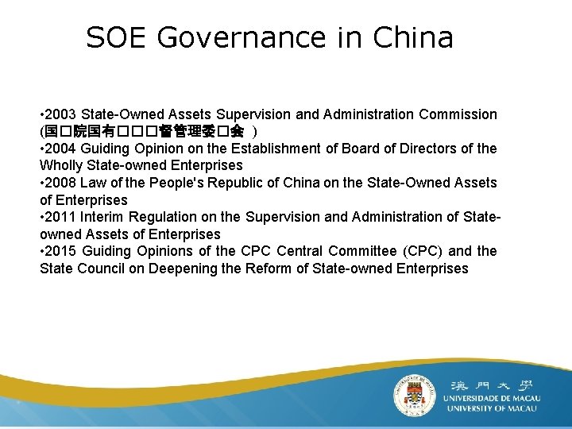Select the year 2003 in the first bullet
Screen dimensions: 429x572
(62, 114)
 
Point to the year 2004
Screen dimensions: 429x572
(62, 149)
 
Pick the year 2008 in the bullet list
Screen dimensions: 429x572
(62, 183)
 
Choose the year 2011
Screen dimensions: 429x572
(62, 217)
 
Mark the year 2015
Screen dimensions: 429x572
(62, 251)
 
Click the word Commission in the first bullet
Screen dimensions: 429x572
(458, 114)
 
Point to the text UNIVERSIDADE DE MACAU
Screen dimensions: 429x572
(492, 398)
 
